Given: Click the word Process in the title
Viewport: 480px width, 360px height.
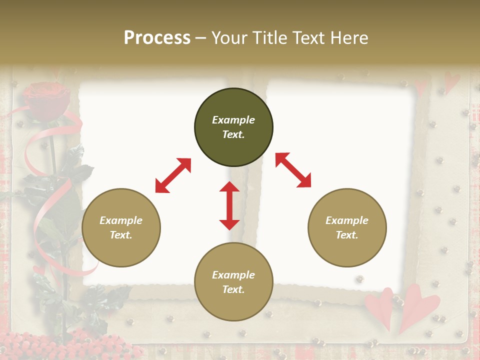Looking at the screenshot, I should coord(157,38).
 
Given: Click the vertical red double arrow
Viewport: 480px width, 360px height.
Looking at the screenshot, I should coord(229,205).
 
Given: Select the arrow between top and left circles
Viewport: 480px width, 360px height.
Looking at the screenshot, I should coord(173,175).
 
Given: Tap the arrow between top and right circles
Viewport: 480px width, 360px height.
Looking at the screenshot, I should coord(293,170).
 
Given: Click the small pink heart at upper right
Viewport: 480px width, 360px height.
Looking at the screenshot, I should coord(452,81).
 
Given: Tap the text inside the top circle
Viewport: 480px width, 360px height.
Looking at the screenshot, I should coord(233,127).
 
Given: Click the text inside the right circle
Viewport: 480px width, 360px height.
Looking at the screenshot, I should coord(347,227).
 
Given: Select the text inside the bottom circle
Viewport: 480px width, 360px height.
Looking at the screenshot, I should coord(233,282).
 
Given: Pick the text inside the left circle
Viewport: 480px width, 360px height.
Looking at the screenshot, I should coord(121,227).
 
